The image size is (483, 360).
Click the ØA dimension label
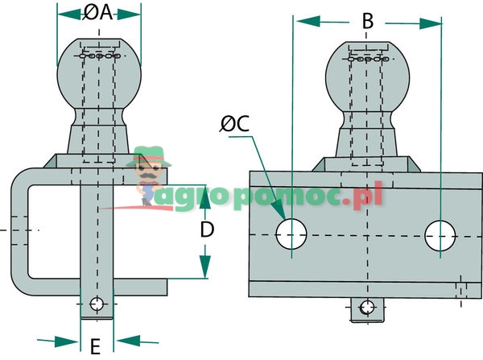coord(98,13)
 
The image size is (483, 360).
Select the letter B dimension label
coord(368,21)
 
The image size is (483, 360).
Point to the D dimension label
coord(206,230)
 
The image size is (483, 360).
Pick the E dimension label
coord(95,347)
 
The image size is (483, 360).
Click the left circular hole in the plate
coord(291,234)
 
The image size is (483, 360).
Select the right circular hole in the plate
coord(440,234)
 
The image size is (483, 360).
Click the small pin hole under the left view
coord(97,305)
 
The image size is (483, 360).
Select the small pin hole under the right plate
coord(368,307)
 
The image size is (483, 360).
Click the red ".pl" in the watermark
coord(367,196)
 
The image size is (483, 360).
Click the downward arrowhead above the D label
coord(205,190)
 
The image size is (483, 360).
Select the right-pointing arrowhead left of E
coord(71,339)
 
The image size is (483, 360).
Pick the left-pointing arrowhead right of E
coord(122,339)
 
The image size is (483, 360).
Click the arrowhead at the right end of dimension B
coord(434,21)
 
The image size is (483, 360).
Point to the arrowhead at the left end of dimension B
coord(303,21)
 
